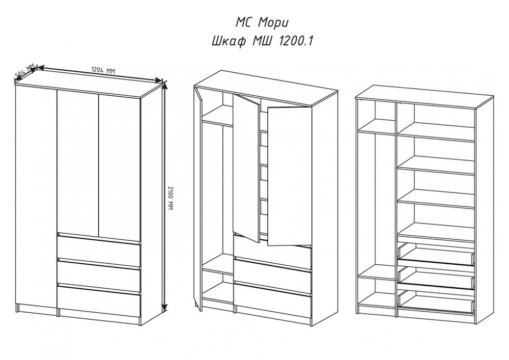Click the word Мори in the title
coord(273,23)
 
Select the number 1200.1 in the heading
coord(295,41)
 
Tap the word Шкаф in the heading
coord(228,42)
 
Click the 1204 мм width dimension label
coord(103,70)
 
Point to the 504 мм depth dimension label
coord(25,72)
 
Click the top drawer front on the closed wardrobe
coord(99,247)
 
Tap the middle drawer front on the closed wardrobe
coord(99,272)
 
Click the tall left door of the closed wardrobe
coord(36,198)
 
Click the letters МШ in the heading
coord(261,41)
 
